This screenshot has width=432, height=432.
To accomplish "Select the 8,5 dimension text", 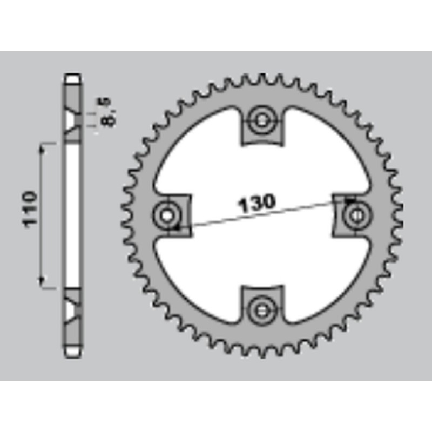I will (x=107, y=111).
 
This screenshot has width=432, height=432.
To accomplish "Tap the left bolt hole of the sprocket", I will (x=168, y=215).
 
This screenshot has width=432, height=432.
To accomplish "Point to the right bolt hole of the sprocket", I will (x=356, y=215).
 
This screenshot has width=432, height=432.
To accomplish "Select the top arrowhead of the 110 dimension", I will (x=43, y=147).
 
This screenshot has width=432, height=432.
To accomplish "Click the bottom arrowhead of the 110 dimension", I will (x=43, y=283).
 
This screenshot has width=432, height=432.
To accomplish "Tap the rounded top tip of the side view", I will (x=72, y=77).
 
